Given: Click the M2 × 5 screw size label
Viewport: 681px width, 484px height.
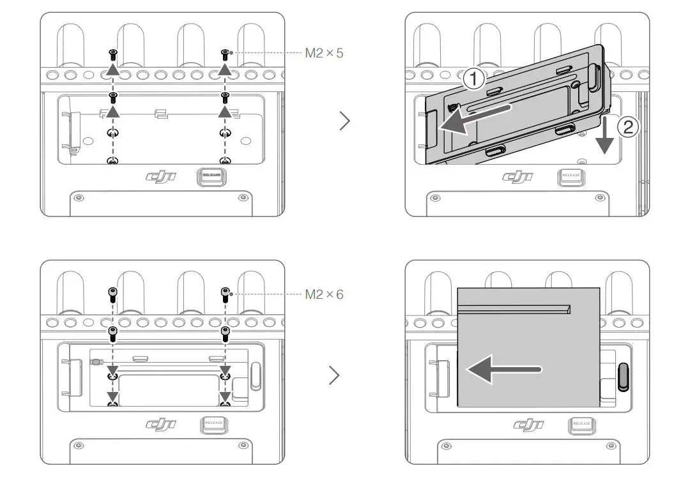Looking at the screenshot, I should (324, 53).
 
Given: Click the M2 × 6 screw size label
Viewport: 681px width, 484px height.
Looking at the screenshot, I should (324, 294).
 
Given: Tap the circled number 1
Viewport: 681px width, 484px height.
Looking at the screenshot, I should (473, 79).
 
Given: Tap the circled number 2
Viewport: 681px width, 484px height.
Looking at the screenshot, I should (627, 127).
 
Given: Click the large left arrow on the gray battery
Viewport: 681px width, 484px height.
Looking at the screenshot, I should (505, 370).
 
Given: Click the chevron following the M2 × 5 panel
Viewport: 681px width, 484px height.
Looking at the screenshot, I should (345, 121).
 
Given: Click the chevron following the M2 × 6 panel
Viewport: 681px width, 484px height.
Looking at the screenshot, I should (333, 376).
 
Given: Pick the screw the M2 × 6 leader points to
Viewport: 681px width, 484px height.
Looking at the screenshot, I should (225, 294).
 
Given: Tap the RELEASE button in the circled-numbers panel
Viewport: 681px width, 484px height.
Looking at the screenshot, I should (570, 176).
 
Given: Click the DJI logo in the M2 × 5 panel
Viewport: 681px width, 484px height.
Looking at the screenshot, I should (160, 177).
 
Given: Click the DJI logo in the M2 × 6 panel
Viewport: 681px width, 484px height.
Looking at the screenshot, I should (160, 424).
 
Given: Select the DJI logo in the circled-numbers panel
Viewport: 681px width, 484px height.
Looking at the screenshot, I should (518, 177).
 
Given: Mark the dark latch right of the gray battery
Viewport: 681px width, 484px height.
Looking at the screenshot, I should (624, 377).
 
